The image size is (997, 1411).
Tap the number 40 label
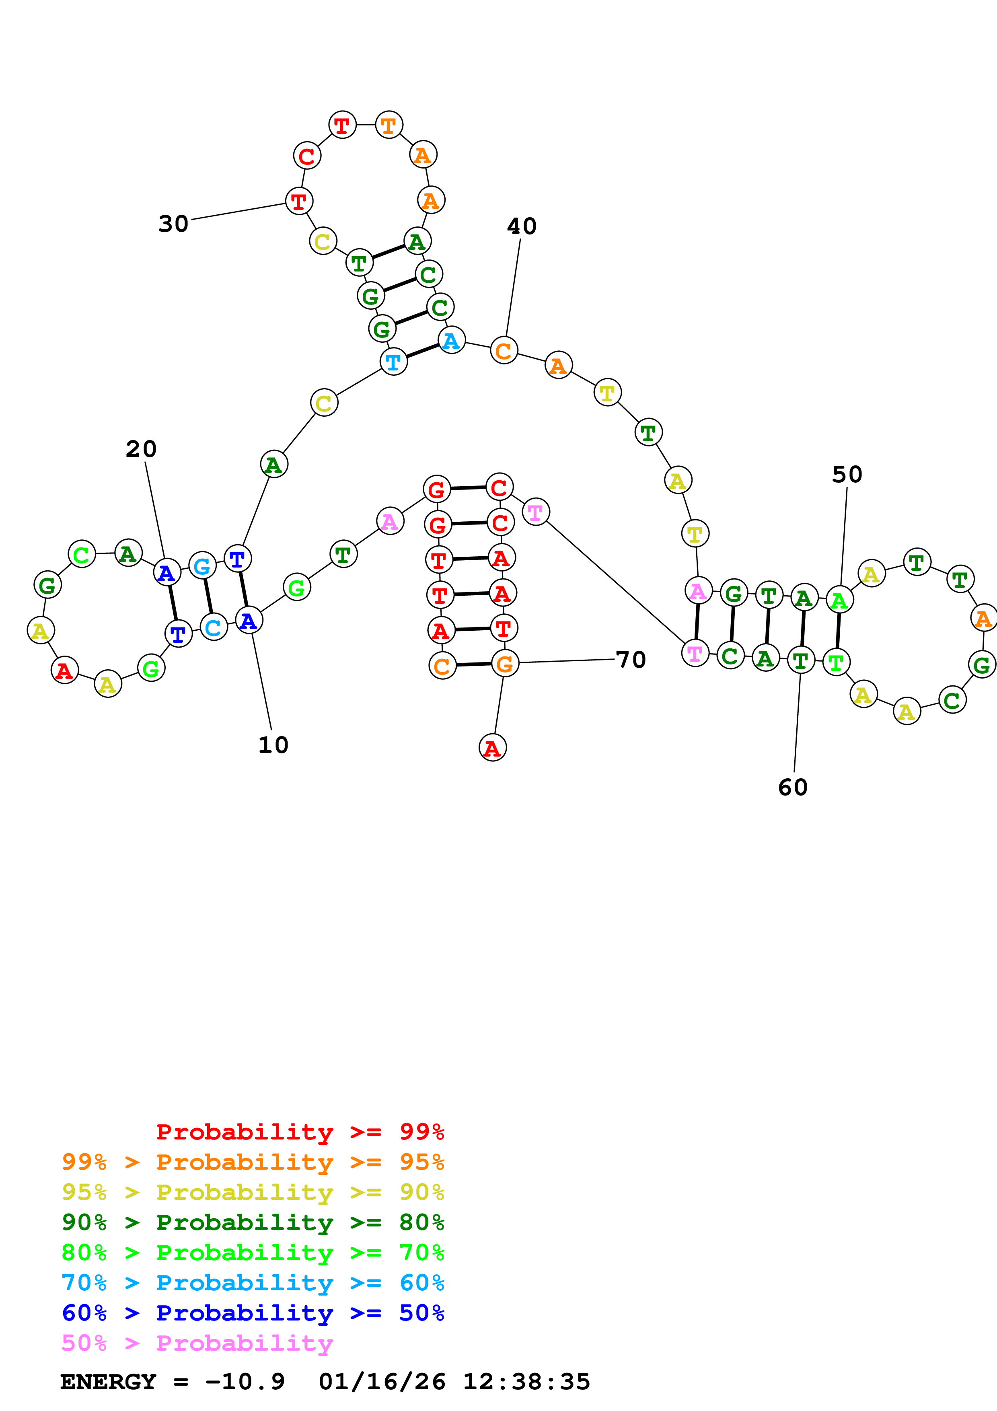click(522, 226)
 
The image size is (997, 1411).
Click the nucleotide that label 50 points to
click(839, 599)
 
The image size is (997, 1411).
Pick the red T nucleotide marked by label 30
click(299, 201)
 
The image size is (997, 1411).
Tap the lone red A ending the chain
click(492, 747)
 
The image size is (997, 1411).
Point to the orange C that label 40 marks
click(504, 351)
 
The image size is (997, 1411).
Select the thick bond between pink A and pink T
click(697, 622)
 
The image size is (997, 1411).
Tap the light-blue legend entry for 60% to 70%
click(253, 1283)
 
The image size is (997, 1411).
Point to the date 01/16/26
click(382, 1382)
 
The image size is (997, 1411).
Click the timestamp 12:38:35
click(526, 1382)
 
